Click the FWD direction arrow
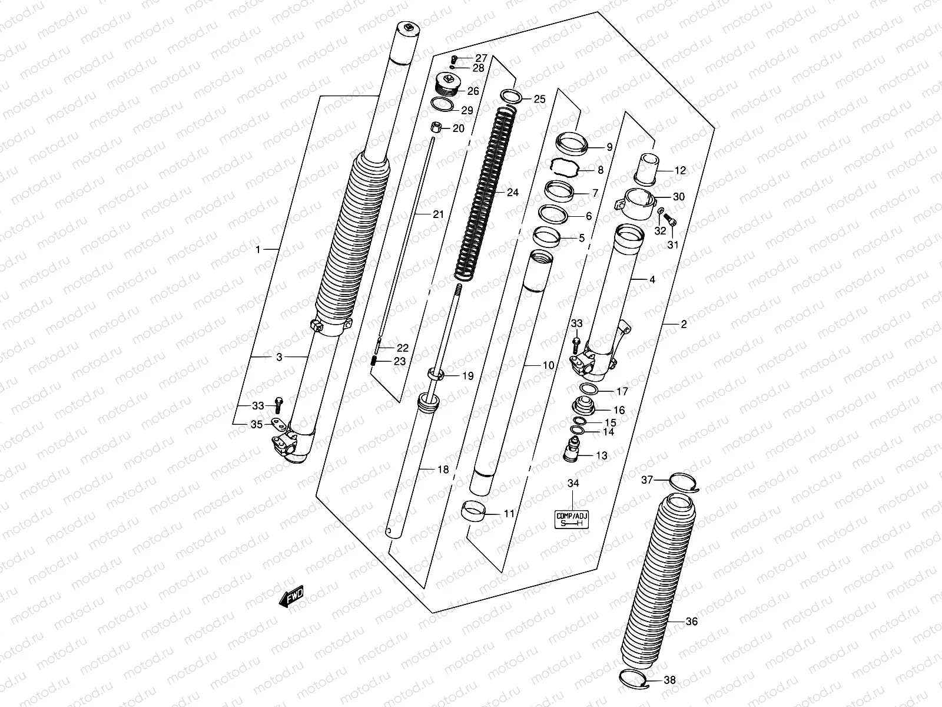point(291,597)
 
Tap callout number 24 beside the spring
point(513,193)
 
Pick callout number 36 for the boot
point(692,621)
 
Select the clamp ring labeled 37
point(683,481)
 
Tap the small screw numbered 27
point(454,59)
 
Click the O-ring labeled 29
point(442,105)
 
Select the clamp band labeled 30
point(639,200)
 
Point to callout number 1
point(258,250)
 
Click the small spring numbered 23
point(374,362)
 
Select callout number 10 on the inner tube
point(548,366)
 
